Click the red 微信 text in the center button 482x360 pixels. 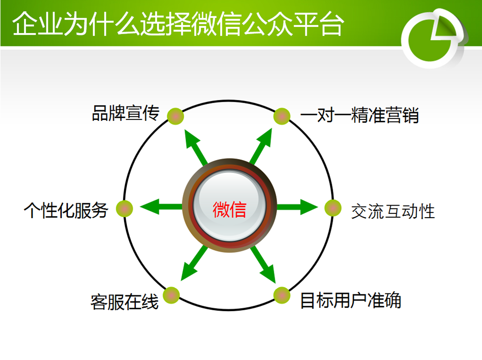point(230,210)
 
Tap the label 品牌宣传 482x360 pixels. point(125,113)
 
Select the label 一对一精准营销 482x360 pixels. point(360,115)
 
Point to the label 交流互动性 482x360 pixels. point(393,211)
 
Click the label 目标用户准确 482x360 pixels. point(351,300)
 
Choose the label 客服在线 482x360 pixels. point(125,302)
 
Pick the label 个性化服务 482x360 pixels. point(66,210)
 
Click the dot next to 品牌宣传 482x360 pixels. point(176,116)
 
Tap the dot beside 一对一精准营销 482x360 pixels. point(282,116)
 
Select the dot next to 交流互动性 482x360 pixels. point(333,208)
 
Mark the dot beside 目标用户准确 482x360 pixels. point(282,295)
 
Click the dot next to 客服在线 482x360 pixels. point(171,295)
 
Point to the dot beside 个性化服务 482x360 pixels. point(125,209)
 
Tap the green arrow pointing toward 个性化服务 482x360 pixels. point(161,207)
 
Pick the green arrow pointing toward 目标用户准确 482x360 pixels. point(263,265)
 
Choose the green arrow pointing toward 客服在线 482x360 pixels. point(194,263)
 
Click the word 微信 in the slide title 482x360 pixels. point(217,24)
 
